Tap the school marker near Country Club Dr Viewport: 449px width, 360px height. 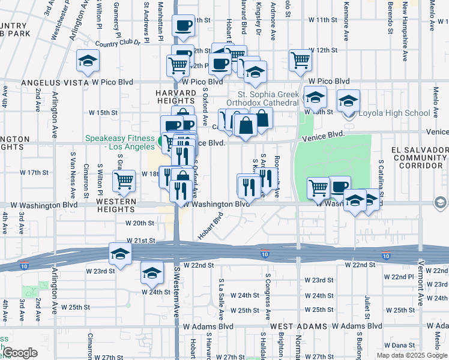click(x=88, y=61)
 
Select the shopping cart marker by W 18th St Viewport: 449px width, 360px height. click(x=124, y=180)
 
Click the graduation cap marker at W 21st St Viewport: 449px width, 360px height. click(x=120, y=254)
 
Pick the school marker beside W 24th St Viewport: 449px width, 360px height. click(x=152, y=272)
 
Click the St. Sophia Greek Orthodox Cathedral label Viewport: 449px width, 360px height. click(x=268, y=98)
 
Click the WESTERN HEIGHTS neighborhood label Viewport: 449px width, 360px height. click(x=118, y=205)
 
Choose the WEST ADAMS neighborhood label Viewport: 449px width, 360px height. click(x=298, y=326)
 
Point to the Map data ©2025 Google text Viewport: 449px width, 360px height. click(x=411, y=355)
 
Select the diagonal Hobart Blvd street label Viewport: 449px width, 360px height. click(x=211, y=224)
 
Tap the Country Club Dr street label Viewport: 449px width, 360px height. click(x=117, y=43)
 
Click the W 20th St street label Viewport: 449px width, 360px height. click(x=140, y=223)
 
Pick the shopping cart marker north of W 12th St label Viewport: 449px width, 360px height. click(x=300, y=59)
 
